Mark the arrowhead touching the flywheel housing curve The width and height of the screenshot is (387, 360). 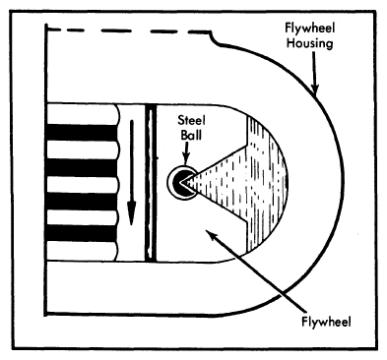tap(316, 90)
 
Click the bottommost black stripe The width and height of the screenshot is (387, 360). tap(81, 233)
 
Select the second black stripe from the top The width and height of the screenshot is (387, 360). tap(81, 164)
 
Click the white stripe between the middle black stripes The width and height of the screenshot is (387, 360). tap(81, 182)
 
